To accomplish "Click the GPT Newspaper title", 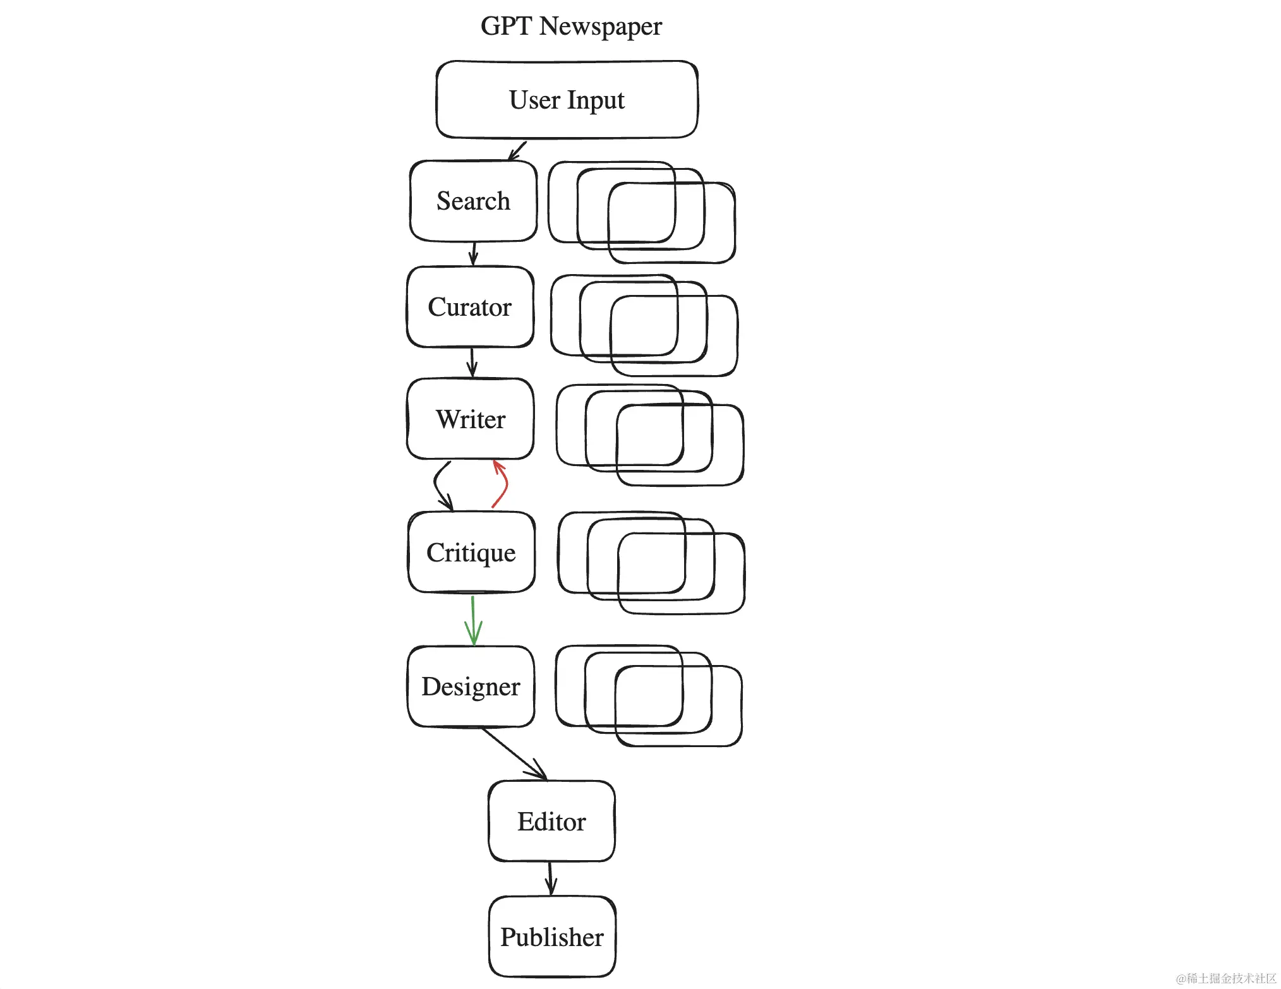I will (x=570, y=27).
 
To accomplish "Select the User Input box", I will (x=567, y=100).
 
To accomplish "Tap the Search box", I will (x=473, y=201).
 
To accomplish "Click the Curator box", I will (x=470, y=307).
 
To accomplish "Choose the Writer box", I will (x=471, y=419).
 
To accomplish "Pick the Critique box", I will (x=471, y=553).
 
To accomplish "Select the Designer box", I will (x=471, y=686).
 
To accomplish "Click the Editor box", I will (x=551, y=822).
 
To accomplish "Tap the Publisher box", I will (x=552, y=937).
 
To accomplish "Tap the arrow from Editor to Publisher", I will (x=550, y=878).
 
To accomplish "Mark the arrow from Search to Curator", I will (x=474, y=253).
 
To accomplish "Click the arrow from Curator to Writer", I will (x=472, y=363).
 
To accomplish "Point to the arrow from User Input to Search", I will (x=517, y=150).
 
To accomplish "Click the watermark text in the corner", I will (x=1225, y=978).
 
